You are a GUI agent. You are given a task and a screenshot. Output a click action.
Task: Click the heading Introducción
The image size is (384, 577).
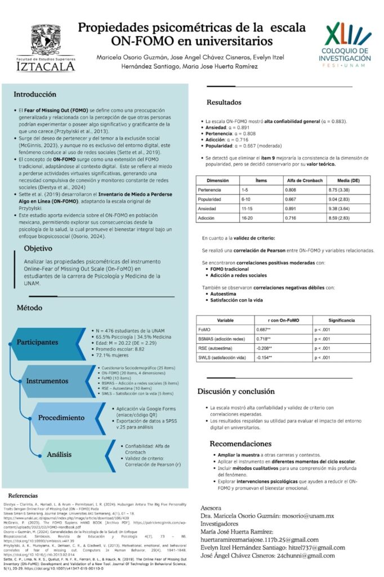[x=35, y=94]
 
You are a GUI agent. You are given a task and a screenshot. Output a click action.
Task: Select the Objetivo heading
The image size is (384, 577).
[x=42, y=248]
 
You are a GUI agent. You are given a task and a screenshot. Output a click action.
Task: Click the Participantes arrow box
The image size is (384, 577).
[x=41, y=342]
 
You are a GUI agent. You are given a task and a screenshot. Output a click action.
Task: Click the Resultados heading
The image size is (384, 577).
[x=224, y=103]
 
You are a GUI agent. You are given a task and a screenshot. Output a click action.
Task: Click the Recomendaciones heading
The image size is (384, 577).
[x=240, y=443]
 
